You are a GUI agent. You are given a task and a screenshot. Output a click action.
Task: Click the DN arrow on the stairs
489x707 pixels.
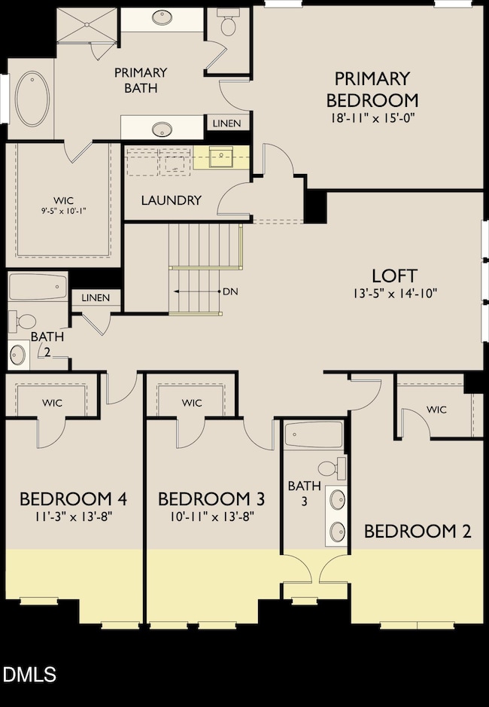(x=197, y=291)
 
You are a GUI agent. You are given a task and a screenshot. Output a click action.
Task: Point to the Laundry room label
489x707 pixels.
(x=172, y=200)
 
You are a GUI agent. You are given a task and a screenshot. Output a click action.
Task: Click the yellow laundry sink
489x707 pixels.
(x=221, y=158)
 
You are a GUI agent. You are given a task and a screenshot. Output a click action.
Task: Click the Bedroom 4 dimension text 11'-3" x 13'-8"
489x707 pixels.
(x=73, y=516)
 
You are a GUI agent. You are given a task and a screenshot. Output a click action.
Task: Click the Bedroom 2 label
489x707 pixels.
(x=418, y=532)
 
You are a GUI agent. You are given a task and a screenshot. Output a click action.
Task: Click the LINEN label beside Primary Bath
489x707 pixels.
(x=227, y=123)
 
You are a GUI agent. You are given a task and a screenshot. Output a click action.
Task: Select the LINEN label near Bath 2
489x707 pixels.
(x=96, y=298)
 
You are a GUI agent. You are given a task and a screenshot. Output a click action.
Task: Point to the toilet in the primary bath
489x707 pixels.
(x=228, y=25)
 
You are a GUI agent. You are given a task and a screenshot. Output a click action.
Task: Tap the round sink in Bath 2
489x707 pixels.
(x=17, y=353)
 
